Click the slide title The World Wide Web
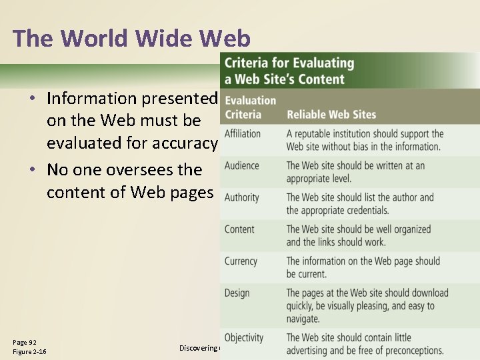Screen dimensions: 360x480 pos(131,39)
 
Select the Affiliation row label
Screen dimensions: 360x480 pos(243,133)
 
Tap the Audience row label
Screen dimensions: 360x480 pos(241,165)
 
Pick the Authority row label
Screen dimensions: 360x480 pos(242,197)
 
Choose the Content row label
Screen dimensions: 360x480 pos(239,229)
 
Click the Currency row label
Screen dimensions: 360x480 pos(241,261)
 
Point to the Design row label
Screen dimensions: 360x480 pos(237,293)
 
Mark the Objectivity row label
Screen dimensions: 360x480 pos(244,338)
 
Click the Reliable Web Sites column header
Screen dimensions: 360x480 pos(331,115)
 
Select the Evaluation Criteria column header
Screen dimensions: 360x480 pos(250,107)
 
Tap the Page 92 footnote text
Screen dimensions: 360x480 pos(25,342)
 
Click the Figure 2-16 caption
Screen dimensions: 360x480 pos(29,352)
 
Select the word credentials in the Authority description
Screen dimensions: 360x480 pos(364,211)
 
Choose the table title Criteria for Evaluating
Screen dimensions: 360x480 pos(289,63)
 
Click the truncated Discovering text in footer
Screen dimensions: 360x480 pos(199,347)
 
